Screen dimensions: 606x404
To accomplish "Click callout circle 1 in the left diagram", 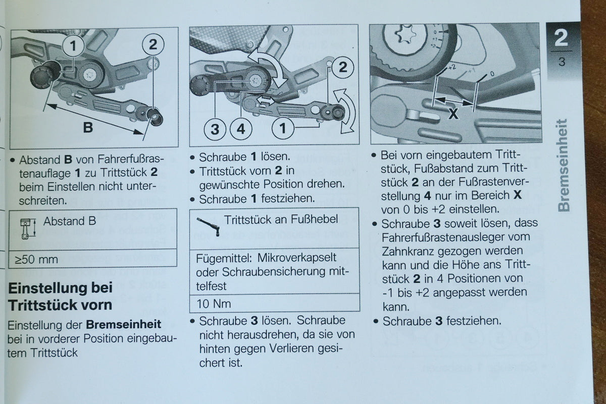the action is click(x=73, y=46).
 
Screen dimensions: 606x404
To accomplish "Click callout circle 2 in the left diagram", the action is click(x=153, y=44).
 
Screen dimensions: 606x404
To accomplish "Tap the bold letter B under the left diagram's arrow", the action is click(x=88, y=127).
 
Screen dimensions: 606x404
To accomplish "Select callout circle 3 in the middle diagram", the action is click(x=215, y=129).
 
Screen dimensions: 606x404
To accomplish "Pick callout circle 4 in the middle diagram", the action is click(x=241, y=129).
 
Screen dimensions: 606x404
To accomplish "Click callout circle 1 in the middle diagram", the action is click(x=283, y=128).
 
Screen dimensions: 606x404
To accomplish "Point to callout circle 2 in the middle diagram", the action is click(x=343, y=67).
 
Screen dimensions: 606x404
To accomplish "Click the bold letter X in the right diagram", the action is click(x=453, y=114).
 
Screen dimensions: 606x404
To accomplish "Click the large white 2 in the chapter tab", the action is click(x=561, y=38).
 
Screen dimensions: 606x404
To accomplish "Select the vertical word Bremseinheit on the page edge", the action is click(x=564, y=165).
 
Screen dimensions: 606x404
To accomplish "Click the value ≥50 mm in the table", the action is click(x=36, y=260).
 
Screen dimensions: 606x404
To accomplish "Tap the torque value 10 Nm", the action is click(x=214, y=304).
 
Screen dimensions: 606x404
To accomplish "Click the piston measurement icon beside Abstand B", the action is click(x=28, y=229).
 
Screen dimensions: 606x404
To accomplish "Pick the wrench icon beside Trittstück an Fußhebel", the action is click(x=208, y=227).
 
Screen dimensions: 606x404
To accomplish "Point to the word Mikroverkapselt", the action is click(x=297, y=258).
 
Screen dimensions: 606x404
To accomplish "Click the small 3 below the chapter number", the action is click(x=562, y=62).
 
